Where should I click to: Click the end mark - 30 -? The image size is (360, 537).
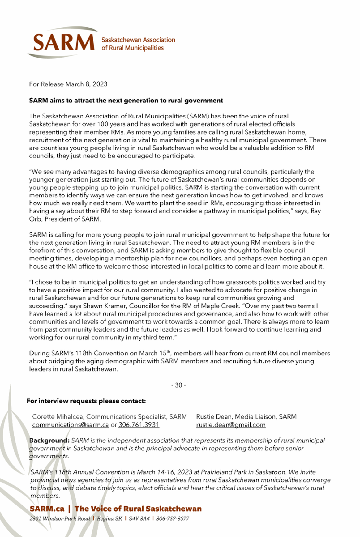[180, 386]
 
